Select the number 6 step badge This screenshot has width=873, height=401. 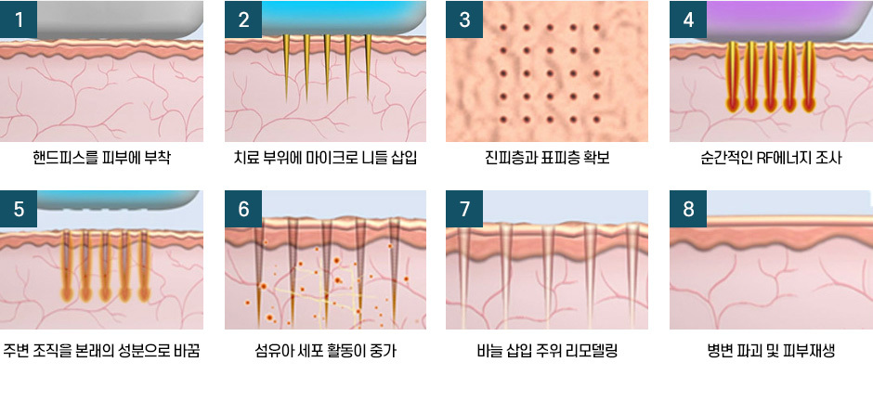(x=243, y=209)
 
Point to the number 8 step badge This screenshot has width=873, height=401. (x=688, y=209)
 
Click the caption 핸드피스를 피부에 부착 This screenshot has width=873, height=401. (x=101, y=159)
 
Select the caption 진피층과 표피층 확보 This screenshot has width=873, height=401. (x=547, y=159)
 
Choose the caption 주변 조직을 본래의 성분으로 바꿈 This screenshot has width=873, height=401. (x=101, y=351)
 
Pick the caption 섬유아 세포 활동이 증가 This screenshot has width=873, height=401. (x=326, y=351)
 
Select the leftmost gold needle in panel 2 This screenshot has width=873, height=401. (x=286, y=68)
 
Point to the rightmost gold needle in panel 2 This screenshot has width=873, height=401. (x=368, y=68)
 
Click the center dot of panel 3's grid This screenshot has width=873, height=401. (x=550, y=72)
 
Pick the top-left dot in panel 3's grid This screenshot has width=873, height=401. (x=503, y=27)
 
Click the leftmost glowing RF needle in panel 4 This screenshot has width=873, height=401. (x=733, y=77)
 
